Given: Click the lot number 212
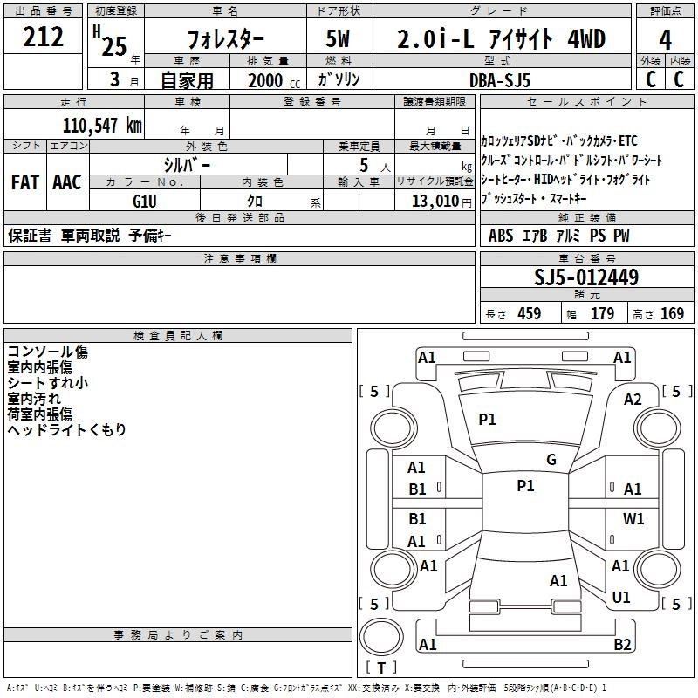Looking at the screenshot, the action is click(x=44, y=37).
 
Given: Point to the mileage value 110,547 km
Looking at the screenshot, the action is click(x=102, y=125).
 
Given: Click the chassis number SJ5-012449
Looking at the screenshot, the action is click(x=586, y=278).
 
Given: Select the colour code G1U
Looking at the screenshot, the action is click(x=144, y=200).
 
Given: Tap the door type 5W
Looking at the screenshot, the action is click(x=339, y=39).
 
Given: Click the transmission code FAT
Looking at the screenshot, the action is click(x=25, y=181).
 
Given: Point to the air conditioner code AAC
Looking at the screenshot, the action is click(x=67, y=181).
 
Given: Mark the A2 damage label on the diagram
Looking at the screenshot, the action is click(x=633, y=399).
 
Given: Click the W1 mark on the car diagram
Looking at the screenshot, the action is click(x=633, y=518).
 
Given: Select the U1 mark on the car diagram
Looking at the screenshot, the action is click(x=621, y=598).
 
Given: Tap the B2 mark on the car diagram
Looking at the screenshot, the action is click(x=622, y=645).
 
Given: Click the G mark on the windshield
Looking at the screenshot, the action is click(x=551, y=460).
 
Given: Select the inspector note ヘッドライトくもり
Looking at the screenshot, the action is click(x=67, y=429).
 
